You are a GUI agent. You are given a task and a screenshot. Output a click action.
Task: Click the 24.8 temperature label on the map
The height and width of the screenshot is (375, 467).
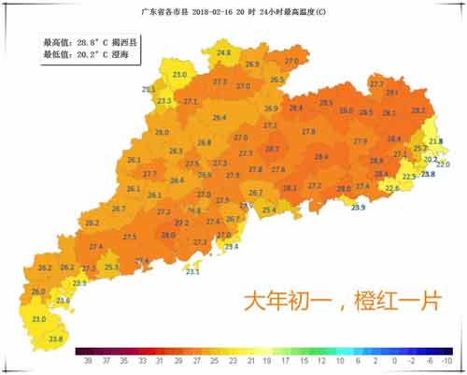click(x=224, y=53)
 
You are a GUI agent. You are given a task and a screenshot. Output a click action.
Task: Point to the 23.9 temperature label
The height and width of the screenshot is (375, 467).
click(x=359, y=207)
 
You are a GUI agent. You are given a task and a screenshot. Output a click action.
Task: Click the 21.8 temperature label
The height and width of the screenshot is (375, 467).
click(x=435, y=141)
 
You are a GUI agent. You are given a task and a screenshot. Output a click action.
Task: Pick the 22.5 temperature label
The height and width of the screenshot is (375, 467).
click(x=408, y=176)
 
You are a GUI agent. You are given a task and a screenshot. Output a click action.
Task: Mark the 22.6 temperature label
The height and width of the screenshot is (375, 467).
click(x=392, y=188)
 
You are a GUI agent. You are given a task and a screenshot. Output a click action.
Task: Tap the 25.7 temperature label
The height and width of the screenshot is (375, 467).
click(x=419, y=149)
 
